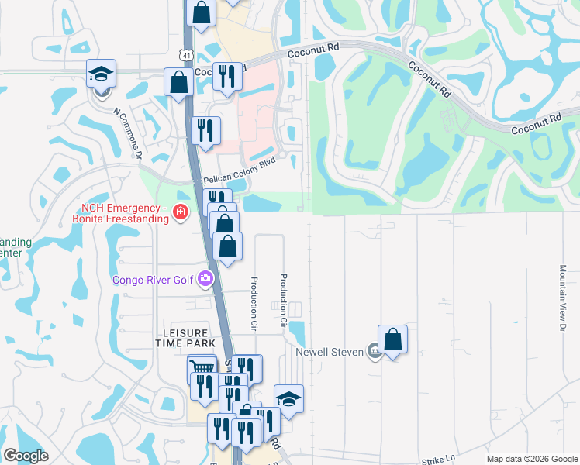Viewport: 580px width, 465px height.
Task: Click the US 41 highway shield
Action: click(x=185, y=55)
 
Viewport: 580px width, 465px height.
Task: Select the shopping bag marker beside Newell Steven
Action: click(x=392, y=339)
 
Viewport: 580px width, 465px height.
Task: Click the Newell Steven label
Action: click(x=330, y=352)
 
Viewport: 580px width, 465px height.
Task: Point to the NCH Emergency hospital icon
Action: click(x=180, y=212)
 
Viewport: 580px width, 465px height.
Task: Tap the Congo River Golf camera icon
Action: click(x=205, y=279)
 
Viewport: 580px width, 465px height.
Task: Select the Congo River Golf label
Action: click(x=154, y=280)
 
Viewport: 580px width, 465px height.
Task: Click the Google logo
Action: click(x=26, y=456)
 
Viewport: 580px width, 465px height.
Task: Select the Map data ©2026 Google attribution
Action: click(x=532, y=459)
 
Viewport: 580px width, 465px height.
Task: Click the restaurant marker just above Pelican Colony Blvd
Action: click(x=205, y=129)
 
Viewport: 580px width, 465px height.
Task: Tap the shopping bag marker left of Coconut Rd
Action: click(x=178, y=82)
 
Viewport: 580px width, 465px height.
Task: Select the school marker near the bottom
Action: click(x=288, y=399)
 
